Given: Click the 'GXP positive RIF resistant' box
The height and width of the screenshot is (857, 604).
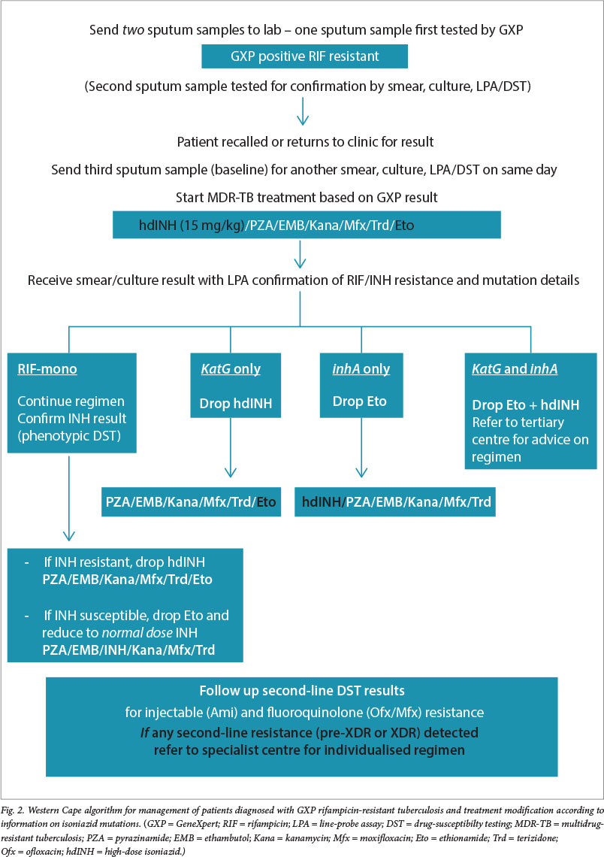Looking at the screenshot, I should pyautogui.click(x=304, y=56).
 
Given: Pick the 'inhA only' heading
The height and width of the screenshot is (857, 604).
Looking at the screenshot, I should pyautogui.click(x=361, y=370).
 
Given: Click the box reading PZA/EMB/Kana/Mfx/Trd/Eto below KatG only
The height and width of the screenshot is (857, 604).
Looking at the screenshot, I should pyautogui.click(x=191, y=501).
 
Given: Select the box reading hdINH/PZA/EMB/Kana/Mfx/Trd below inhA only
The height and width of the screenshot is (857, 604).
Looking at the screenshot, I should pyautogui.click(x=397, y=501).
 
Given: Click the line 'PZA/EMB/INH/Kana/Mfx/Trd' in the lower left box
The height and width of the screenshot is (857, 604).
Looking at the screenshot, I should pyautogui.click(x=128, y=650).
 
